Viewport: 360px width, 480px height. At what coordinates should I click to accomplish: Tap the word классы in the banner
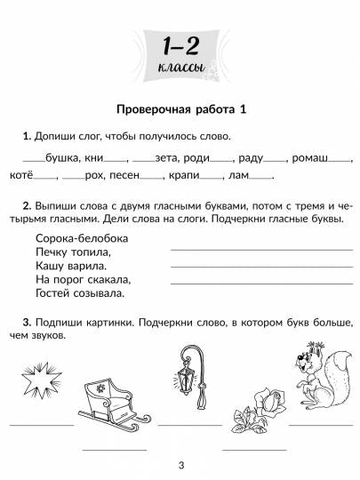(180, 68)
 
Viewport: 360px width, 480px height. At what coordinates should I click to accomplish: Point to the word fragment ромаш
(309, 158)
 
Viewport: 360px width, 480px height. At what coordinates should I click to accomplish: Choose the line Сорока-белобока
(83, 239)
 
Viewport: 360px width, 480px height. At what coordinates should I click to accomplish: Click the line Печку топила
(73, 252)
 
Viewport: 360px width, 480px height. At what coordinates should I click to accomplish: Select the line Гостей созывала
(80, 292)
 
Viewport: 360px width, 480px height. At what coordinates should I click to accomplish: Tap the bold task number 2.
(27, 204)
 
